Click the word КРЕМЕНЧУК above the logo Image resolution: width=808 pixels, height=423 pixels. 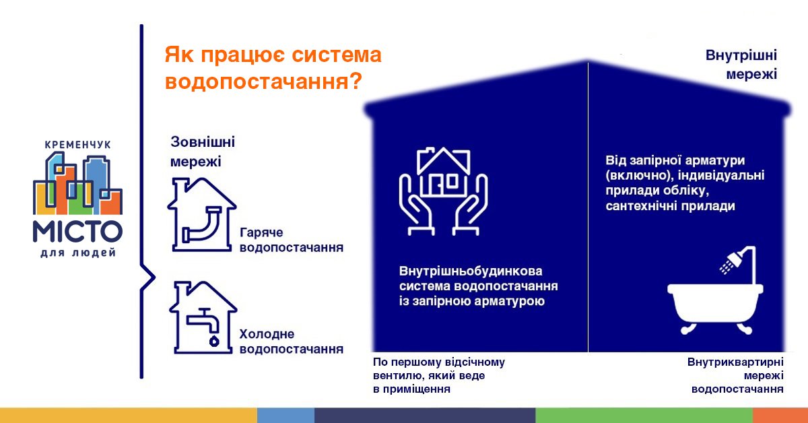point(77,145)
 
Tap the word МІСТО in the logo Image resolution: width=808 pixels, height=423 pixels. point(77,231)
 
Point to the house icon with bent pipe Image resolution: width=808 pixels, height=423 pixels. point(201,214)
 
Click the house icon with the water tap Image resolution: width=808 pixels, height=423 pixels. point(203,317)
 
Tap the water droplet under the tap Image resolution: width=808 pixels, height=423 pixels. point(214,341)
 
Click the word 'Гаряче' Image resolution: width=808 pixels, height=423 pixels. point(261,233)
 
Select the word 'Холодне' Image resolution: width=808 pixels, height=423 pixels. point(267,334)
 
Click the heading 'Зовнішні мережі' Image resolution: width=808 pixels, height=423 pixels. point(203,152)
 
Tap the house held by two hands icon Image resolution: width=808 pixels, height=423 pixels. point(443,191)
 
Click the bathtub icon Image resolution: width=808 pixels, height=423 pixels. point(715,308)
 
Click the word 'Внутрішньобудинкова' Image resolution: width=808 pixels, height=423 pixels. point(471,271)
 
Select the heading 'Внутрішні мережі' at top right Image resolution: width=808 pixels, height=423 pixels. point(741,65)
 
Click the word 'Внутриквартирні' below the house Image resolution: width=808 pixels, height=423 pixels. point(735,362)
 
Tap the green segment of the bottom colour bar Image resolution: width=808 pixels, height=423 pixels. point(644,416)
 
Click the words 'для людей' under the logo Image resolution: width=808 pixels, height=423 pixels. point(78,253)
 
